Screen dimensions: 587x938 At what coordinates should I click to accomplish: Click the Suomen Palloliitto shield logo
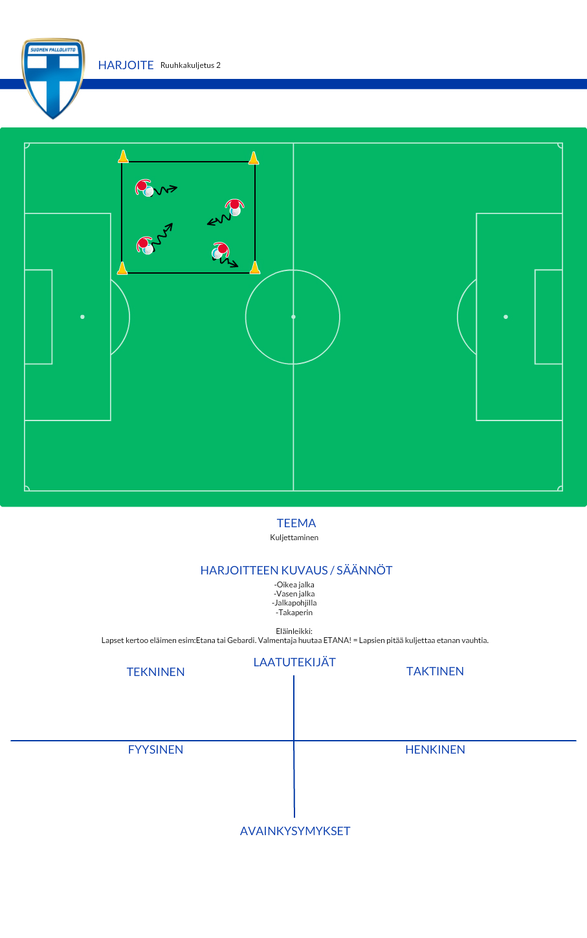53,78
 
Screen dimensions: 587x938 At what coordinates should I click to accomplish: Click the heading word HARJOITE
126,65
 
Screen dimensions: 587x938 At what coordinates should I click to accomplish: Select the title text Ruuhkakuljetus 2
190,65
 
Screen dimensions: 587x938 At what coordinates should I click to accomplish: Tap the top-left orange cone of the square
123,156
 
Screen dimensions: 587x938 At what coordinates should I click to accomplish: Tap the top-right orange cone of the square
253,158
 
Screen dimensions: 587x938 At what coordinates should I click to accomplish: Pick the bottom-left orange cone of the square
122,268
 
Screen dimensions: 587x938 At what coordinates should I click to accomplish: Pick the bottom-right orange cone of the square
255,268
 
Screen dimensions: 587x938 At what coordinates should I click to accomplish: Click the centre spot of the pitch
293,317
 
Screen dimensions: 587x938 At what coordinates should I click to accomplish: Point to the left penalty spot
83,317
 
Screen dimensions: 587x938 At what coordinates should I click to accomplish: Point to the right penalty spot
505,317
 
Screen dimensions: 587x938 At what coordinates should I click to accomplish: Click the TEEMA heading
296,523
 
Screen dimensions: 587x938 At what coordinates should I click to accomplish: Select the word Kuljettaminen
294,538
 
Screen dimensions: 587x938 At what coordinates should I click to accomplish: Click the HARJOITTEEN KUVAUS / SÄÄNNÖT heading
296,571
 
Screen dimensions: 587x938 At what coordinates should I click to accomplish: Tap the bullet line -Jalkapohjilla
294,603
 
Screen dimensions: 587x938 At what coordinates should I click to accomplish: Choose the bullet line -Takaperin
294,613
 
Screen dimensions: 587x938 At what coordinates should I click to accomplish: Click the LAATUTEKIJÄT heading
294,662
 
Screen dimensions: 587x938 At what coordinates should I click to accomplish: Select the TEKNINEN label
155,672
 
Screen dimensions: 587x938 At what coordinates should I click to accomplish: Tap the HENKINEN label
435,750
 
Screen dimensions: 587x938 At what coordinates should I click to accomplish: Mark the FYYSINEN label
155,750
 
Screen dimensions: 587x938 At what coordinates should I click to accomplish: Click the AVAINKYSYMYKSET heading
295,831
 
